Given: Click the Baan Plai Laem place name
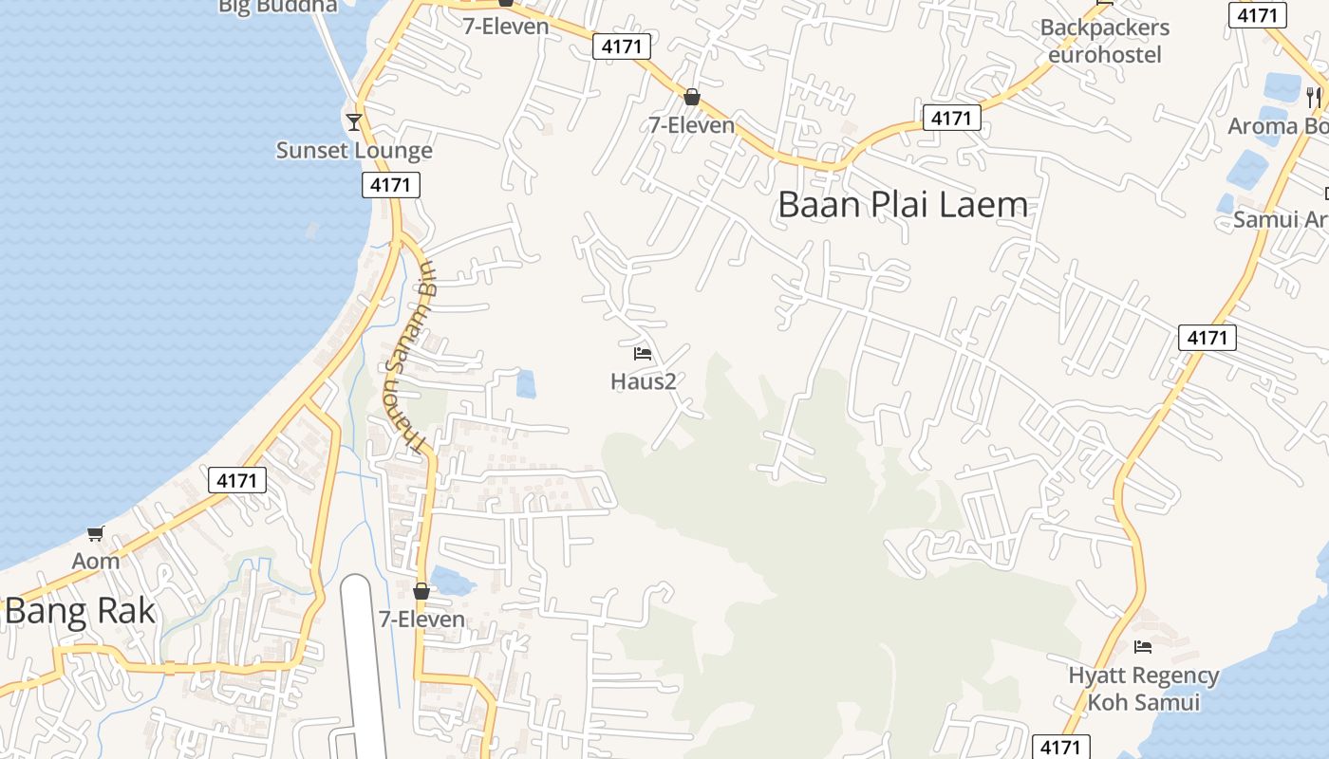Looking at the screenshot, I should (x=902, y=204).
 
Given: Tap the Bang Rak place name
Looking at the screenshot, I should (x=80, y=612).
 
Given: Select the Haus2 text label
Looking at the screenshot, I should (x=643, y=381).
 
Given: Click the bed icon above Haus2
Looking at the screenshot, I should (x=643, y=355).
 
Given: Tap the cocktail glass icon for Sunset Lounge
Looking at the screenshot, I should (x=354, y=121).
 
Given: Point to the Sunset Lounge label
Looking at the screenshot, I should (x=354, y=150).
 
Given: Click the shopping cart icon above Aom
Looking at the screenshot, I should (x=95, y=534).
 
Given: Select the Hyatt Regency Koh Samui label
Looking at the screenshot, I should (x=1143, y=689).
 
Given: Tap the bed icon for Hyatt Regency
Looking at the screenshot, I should (x=1143, y=647).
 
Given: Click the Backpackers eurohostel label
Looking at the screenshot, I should (x=1104, y=41).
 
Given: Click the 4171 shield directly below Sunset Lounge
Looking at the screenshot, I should (x=390, y=185).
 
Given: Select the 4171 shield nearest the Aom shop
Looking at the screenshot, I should (x=236, y=480).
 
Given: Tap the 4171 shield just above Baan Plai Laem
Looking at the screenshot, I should (x=951, y=118).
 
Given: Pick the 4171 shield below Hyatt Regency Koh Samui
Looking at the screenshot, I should (x=1059, y=747).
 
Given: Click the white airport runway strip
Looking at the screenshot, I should (x=361, y=664).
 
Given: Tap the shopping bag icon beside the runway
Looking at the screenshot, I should (x=421, y=592).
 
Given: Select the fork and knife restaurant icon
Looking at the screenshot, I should (x=1313, y=97).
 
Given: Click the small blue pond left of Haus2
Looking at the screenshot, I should (x=525, y=384).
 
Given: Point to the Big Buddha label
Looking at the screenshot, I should (x=277, y=6).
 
